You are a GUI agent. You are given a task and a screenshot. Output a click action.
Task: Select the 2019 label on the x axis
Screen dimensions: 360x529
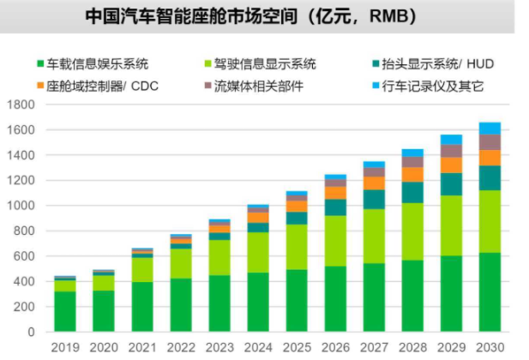pyautogui.click(x=64, y=346)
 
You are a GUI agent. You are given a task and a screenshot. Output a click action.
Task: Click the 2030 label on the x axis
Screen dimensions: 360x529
pyautogui.click(x=490, y=346)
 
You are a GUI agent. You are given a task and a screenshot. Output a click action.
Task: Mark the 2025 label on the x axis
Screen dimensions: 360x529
pyautogui.click(x=297, y=346)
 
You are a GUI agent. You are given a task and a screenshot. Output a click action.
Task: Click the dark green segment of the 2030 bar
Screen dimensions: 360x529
pyautogui.click(x=490, y=291)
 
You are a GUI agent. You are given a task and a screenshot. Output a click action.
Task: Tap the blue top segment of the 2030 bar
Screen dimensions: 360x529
pyautogui.click(x=490, y=129)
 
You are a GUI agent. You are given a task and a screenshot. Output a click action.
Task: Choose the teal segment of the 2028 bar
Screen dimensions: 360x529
pyautogui.click(x=412, y=192)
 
